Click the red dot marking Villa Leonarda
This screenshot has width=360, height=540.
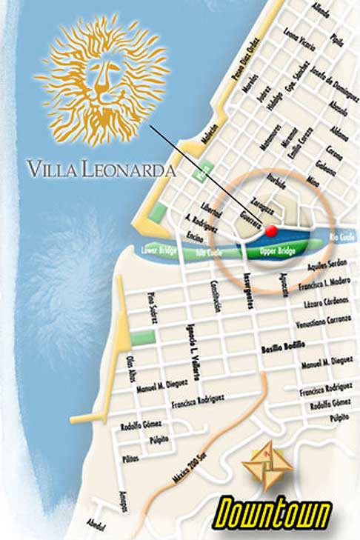[x=272, y=231]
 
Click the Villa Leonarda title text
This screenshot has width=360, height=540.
[x=101, y=168]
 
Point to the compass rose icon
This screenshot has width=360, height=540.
[x=266, y=464]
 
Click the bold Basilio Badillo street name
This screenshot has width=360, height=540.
[x=285, y=346]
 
